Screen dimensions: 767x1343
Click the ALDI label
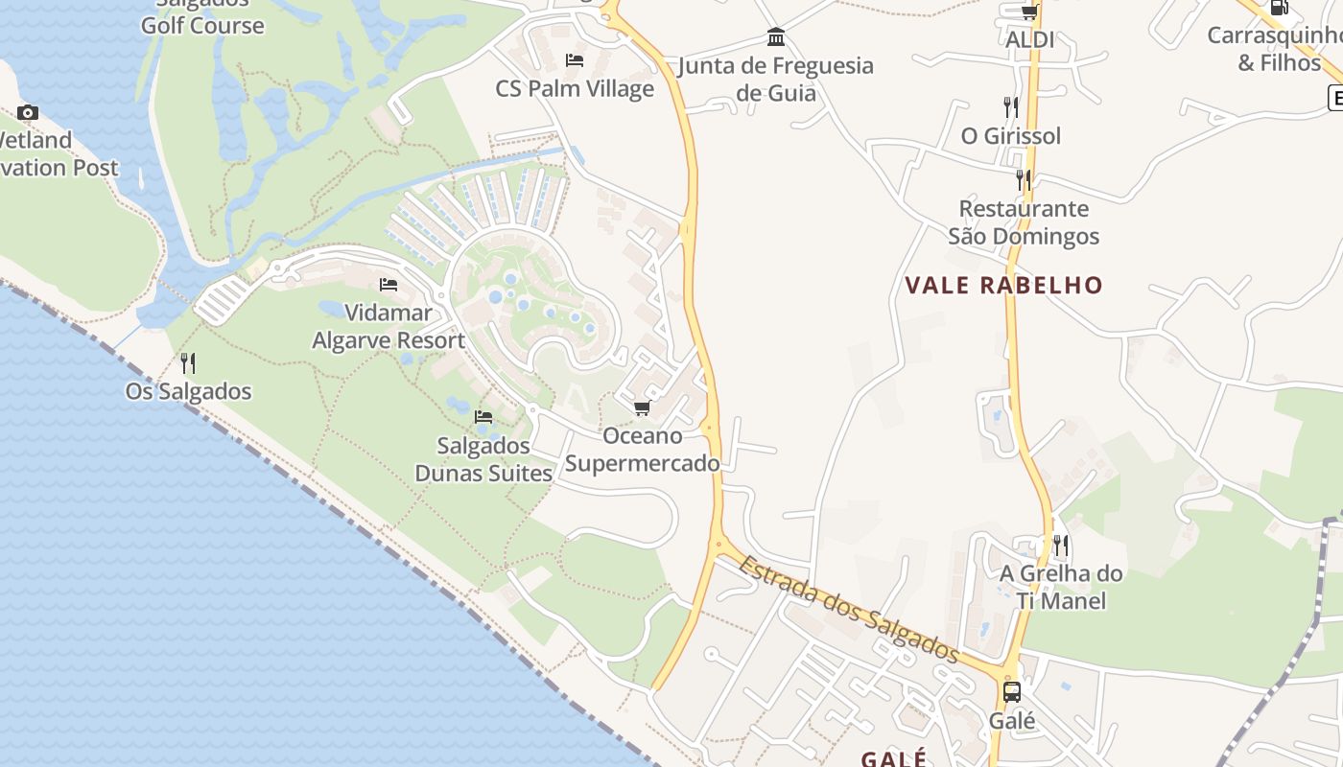(x=1029, y=39)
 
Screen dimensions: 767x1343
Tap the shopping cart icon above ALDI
(x=1029, y=12)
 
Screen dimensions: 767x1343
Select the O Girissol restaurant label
(x=1011, y=135)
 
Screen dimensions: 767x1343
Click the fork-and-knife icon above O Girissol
(x=1011, y=106)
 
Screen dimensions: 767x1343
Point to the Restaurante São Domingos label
(x=1024, y=221)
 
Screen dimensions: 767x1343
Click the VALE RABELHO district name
(x=1004, y=285)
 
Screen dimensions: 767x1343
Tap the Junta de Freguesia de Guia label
(x=776, y=79)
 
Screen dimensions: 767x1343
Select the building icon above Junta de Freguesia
(x=776, y=37)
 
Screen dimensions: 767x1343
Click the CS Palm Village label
(x=575, y=88)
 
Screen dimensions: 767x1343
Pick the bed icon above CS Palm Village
(x=575, y=60)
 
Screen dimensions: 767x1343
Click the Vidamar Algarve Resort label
(x=389, y=326)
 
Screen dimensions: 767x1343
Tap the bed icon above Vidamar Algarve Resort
(x=389, y=285)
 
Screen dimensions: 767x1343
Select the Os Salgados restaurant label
(x=188, y=391)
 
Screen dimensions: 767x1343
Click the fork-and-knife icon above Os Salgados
(x=188, y=363)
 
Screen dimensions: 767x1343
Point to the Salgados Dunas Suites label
(x=483, y=459)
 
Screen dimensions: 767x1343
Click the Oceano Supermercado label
(x=642, y=450)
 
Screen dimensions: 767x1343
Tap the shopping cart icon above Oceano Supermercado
(x=642, y=408)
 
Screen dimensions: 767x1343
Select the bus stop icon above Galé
(x=1012, y=692)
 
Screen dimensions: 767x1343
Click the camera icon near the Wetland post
(x=28, y=112)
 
